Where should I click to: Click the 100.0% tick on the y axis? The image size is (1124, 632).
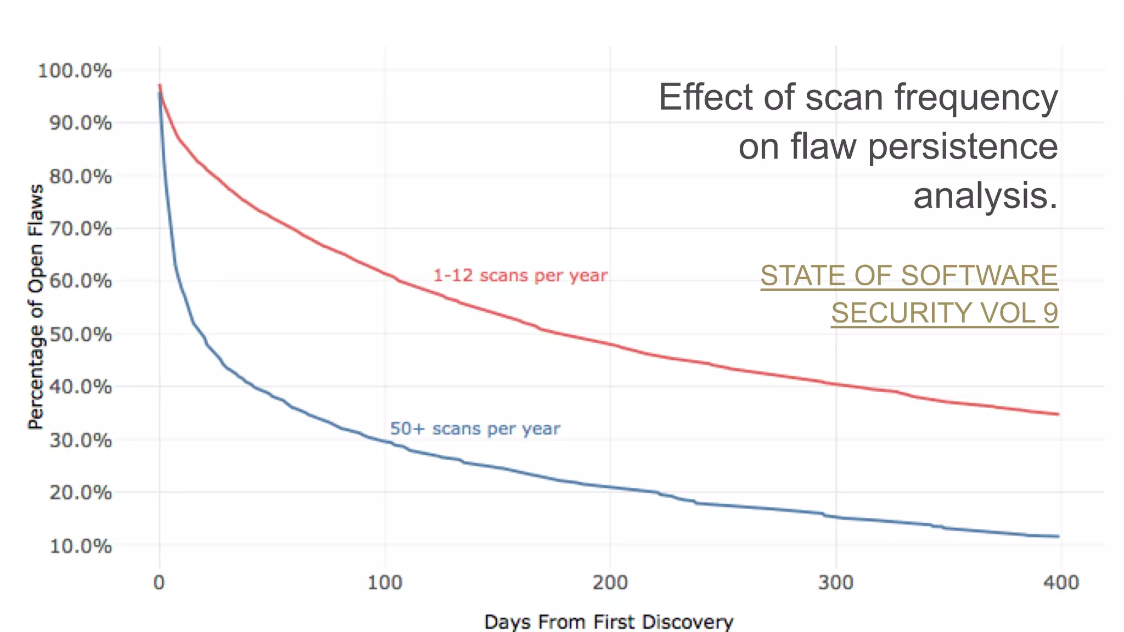[x=75, y=71]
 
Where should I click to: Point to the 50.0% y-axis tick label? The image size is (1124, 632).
[x=80, y=334]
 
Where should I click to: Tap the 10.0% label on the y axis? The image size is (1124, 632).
[x=80, y=546]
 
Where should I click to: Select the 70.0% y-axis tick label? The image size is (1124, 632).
[x=80, y=229]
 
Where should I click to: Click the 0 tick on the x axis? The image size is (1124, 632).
[x=159, y=582]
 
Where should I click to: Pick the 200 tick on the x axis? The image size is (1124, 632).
[x=610, y=582]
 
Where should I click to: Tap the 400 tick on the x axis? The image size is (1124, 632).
[x=1061, y=582]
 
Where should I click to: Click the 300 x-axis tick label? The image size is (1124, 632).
[x=835, y=582]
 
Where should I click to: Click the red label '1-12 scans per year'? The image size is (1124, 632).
[x=520, y=275]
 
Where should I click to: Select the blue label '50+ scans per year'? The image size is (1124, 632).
[x=475, y=428]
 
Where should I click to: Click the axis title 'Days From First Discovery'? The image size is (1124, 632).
[x=609, y=622]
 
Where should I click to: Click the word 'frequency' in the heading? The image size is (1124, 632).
[x=976, y=97]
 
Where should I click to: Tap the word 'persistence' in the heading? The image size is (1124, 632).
[x=963, y=146]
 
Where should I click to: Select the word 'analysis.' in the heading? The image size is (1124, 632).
[x=985, y=196]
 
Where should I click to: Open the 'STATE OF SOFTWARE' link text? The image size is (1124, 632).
[x=909, y=276]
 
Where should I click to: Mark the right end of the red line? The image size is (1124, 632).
[x=1058, y=414]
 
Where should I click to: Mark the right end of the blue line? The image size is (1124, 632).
[x=1058, y=536]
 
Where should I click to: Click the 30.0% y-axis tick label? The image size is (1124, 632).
[x=80, y=440]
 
